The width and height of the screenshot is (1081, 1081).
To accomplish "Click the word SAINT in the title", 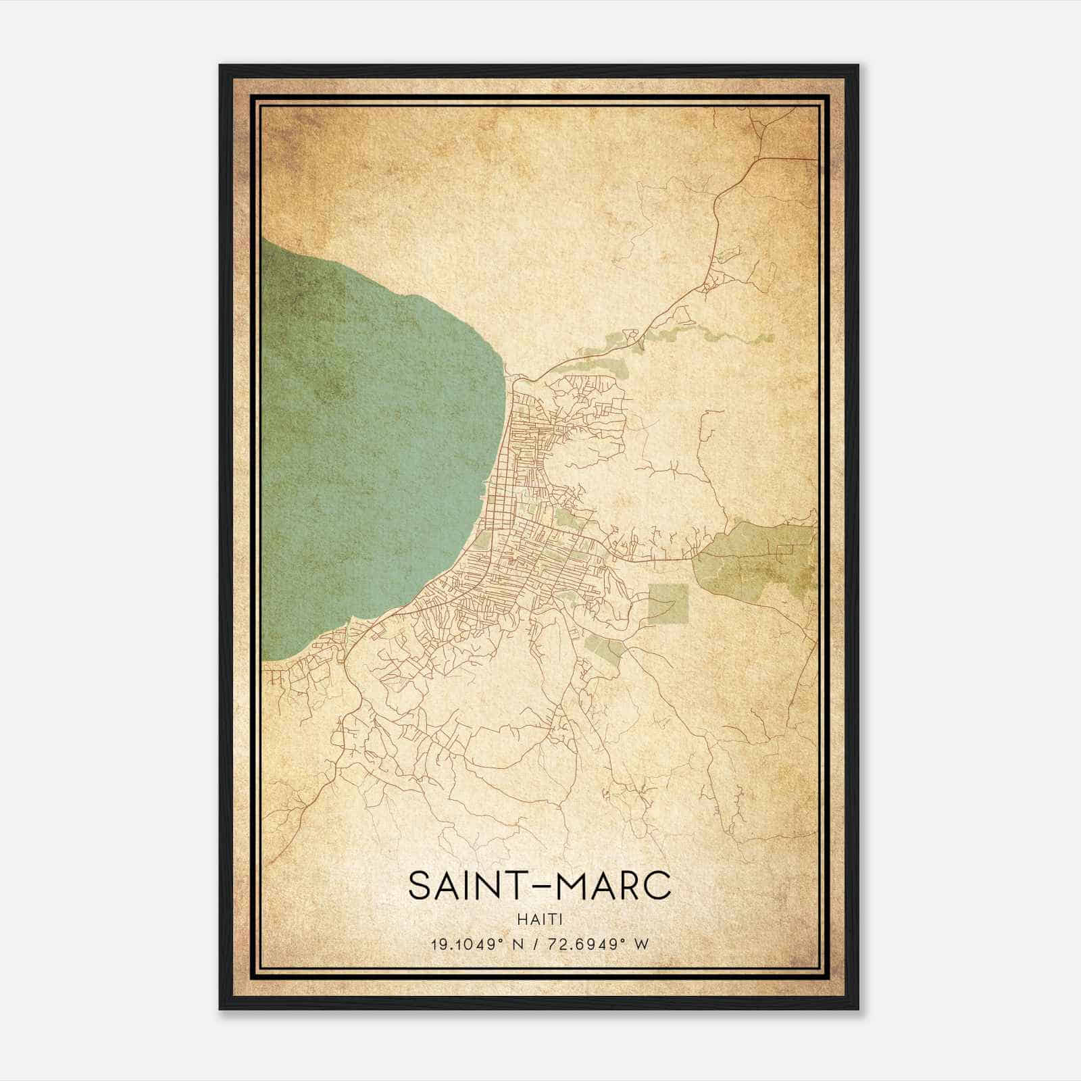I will [x=460, y=886].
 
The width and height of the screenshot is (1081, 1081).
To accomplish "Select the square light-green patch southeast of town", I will [x=668, y=603].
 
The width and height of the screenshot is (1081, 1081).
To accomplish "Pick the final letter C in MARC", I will [x=657, y=886].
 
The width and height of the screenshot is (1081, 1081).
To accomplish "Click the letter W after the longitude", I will [x=642, y=944].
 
